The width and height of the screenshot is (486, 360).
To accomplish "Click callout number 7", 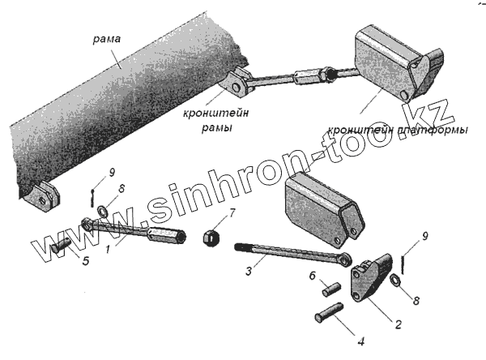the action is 232,214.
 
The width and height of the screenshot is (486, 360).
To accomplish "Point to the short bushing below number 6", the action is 331,288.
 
